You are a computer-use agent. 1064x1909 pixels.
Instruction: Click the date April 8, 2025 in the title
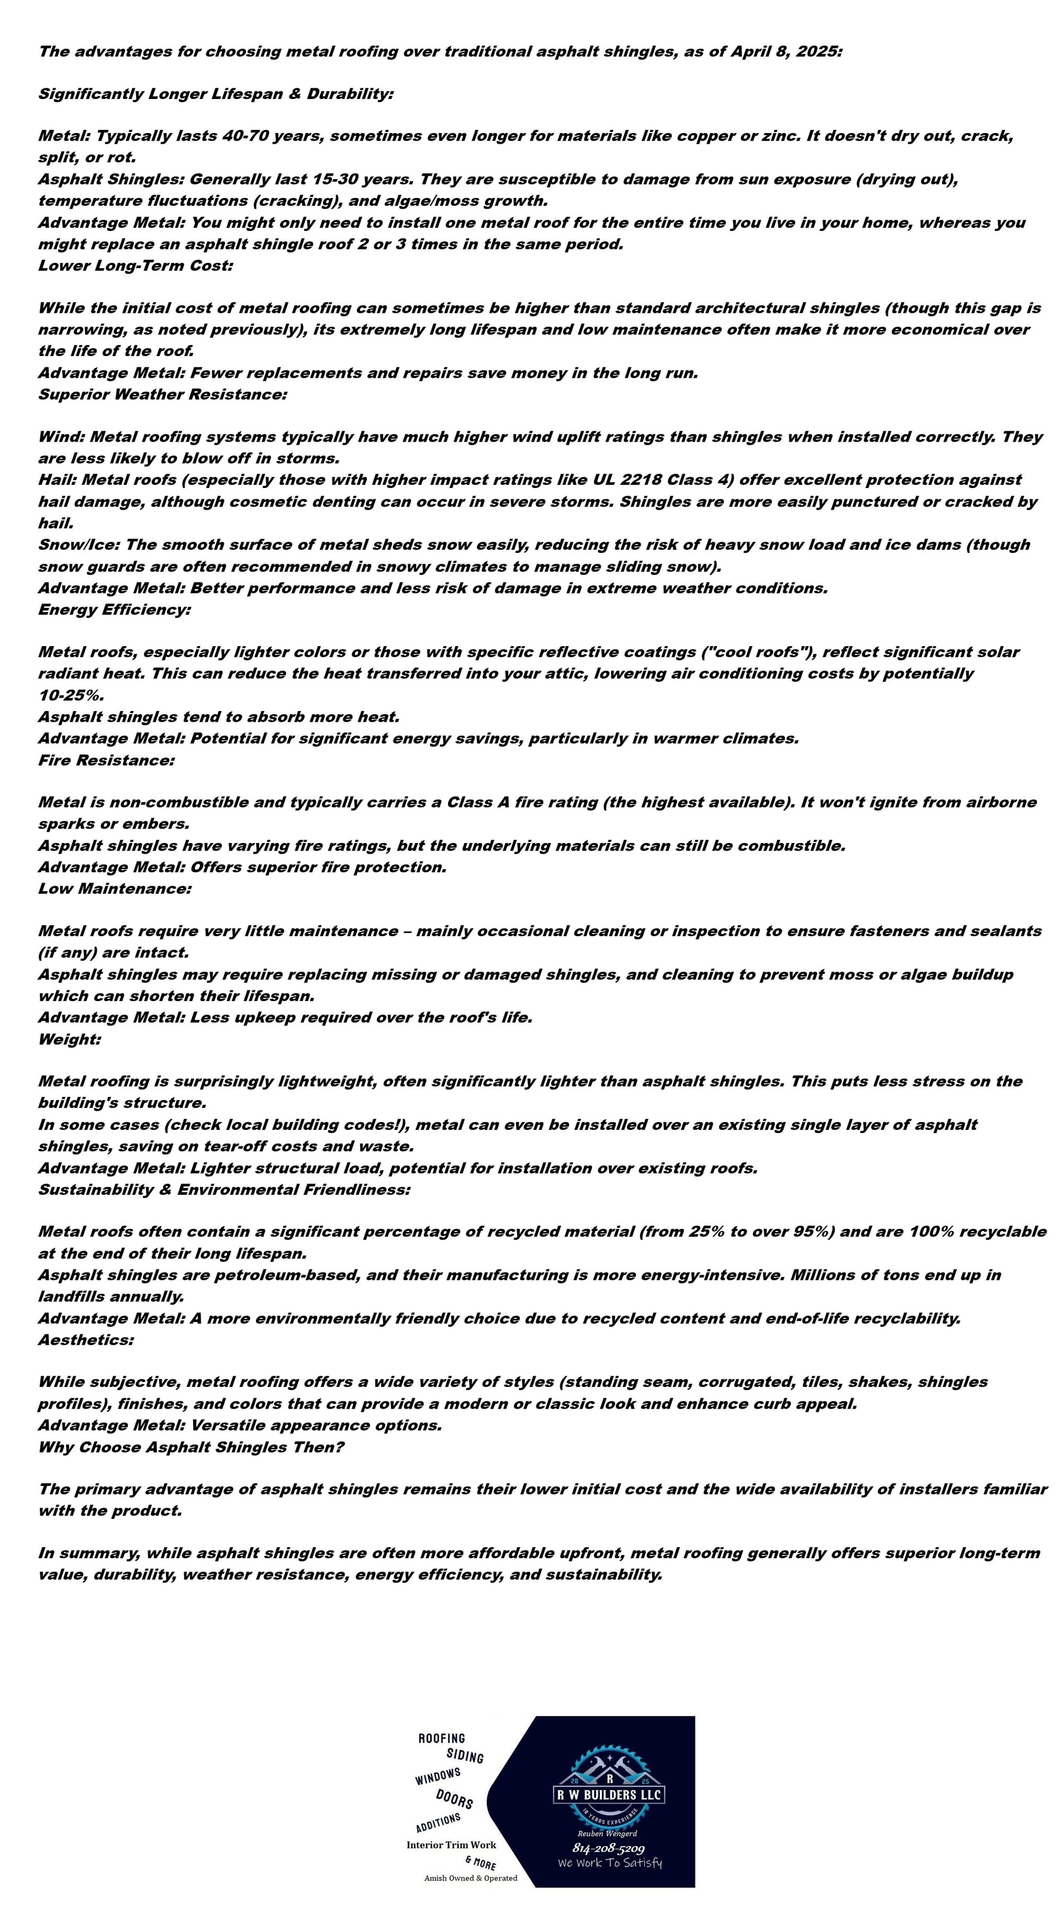787,51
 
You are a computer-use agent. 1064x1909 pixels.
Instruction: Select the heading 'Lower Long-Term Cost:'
136,266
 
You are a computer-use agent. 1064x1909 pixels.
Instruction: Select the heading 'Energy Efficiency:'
115,609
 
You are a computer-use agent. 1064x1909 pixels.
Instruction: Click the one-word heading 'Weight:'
70,1039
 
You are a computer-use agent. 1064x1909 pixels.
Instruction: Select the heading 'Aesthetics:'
86,1340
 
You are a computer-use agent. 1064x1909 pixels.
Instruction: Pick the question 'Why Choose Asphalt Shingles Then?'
191,1447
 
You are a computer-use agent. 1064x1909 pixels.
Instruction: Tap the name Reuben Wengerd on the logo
607,1833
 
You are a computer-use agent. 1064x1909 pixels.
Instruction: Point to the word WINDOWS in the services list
438,1776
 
